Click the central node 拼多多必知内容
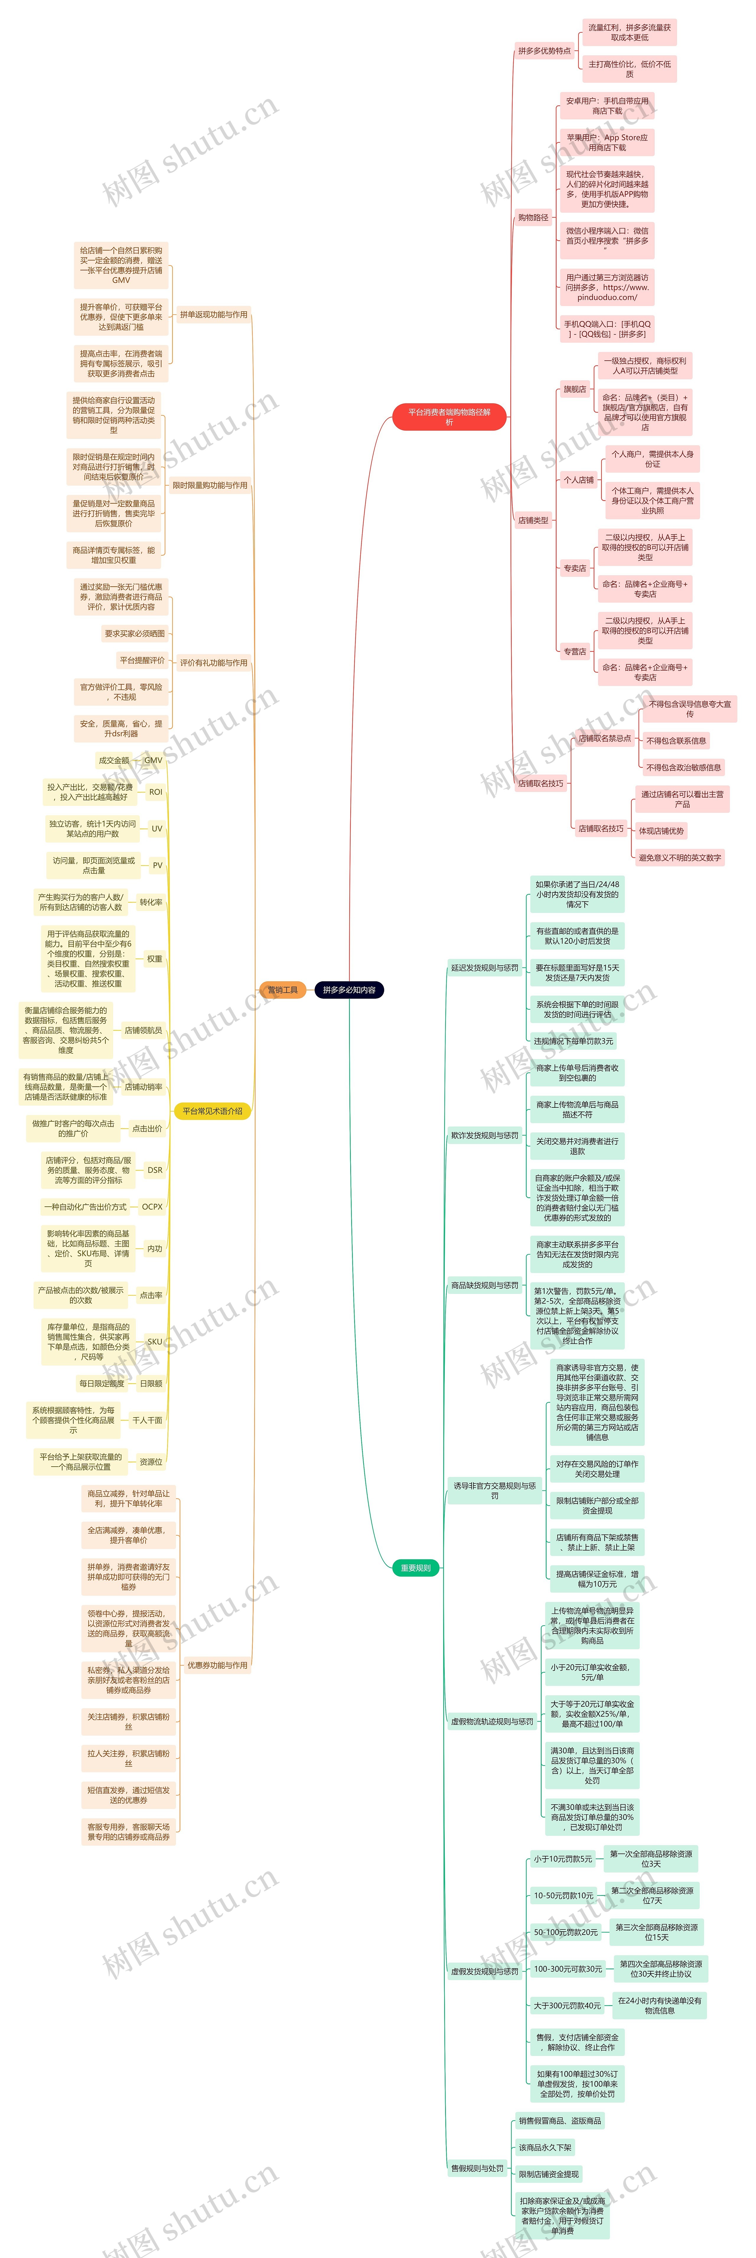pos(349,990)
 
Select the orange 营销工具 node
pos(282,990)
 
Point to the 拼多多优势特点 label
pos(544,51)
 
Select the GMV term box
pos(153,760)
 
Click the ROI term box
pos(155,792)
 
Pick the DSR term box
pos(154,1169)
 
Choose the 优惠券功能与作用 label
pos(217,1665)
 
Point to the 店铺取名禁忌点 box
pos(605,738)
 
